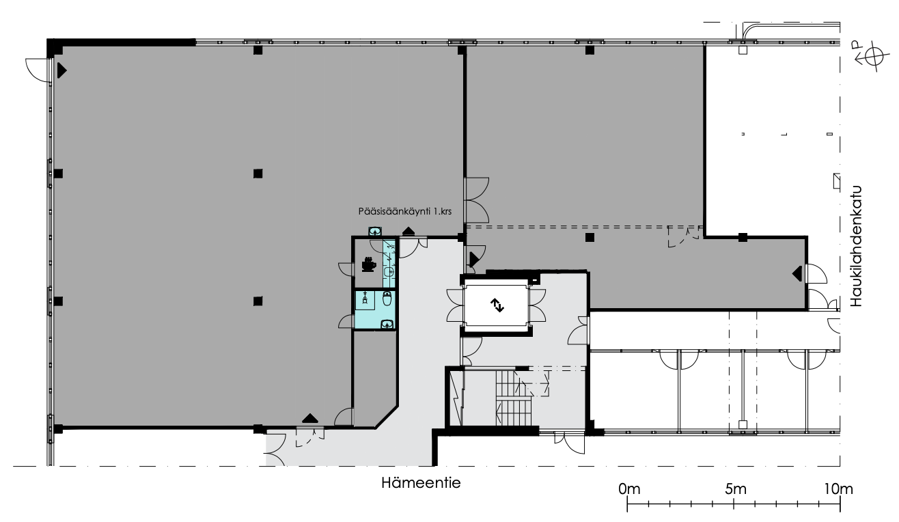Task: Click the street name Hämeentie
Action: click(x=421, y=482)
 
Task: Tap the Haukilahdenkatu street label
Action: click(x=856, y=246)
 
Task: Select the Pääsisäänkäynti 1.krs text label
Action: click(x=405, y=211)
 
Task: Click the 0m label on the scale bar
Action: click(x=629, y=489)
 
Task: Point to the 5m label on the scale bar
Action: click(x=736, y=489)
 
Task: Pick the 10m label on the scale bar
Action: click(x=839, y=489)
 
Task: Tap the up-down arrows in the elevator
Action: click(x=497, y=305)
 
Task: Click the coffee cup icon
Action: click(x=369, y=264)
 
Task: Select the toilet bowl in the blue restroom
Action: click(x=387, y=299)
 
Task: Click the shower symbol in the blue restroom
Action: click(x=365, y=298)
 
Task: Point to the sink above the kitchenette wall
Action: click(x=375, y=232)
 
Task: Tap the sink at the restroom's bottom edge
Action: click(x=387, y=324)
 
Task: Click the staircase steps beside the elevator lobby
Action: click(x=513, y=398)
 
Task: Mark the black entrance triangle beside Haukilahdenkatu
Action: click(x=797, y=274)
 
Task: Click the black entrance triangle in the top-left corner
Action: click(x=61, y=70)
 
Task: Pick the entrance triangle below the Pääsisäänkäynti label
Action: click(x=408, y=231)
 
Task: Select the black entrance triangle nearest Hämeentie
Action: click(x=309, y=418)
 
